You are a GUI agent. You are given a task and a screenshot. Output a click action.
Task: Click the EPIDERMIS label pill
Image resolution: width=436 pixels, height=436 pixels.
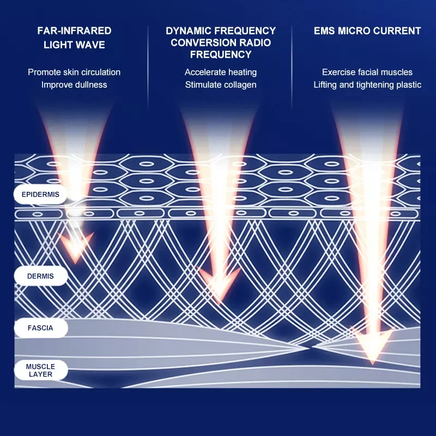click(x=40, y=194)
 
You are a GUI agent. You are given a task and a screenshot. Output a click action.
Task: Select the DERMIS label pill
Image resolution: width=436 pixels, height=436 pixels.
click(x=40, y=276)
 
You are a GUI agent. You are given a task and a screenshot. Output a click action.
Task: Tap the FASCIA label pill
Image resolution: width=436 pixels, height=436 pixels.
click(x=40, y=328)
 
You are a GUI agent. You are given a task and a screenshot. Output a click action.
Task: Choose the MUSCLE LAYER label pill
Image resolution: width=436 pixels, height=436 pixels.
click(x=40, y=371)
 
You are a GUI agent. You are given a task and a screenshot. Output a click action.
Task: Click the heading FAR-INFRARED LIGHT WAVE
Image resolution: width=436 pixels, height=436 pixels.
click(x=74, y=38)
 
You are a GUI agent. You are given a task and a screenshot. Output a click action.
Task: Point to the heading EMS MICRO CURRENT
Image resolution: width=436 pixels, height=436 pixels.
click(x=367, y=31)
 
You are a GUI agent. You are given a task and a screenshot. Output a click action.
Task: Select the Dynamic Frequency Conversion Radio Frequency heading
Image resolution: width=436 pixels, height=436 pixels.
click(x=221, y=43)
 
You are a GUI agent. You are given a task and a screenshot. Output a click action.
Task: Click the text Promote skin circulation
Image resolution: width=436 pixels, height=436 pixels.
click(x=74, y=72)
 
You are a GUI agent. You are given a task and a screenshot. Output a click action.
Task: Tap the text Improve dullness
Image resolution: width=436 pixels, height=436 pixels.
click(x=74, y=84)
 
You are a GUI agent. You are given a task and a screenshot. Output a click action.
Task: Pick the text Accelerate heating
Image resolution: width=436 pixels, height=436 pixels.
click(x=221, y=72)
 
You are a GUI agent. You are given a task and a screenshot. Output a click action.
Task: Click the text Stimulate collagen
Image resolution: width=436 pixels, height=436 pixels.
click(x=221, y=84)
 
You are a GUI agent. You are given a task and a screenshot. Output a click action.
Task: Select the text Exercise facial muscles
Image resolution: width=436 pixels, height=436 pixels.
click(x=367, y=72)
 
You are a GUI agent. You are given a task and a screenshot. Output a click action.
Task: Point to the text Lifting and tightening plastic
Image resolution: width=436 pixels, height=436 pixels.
click(x=367, y=84)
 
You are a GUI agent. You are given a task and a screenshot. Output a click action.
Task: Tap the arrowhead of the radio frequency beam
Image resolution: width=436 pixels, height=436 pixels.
click(x=219, y=286)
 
